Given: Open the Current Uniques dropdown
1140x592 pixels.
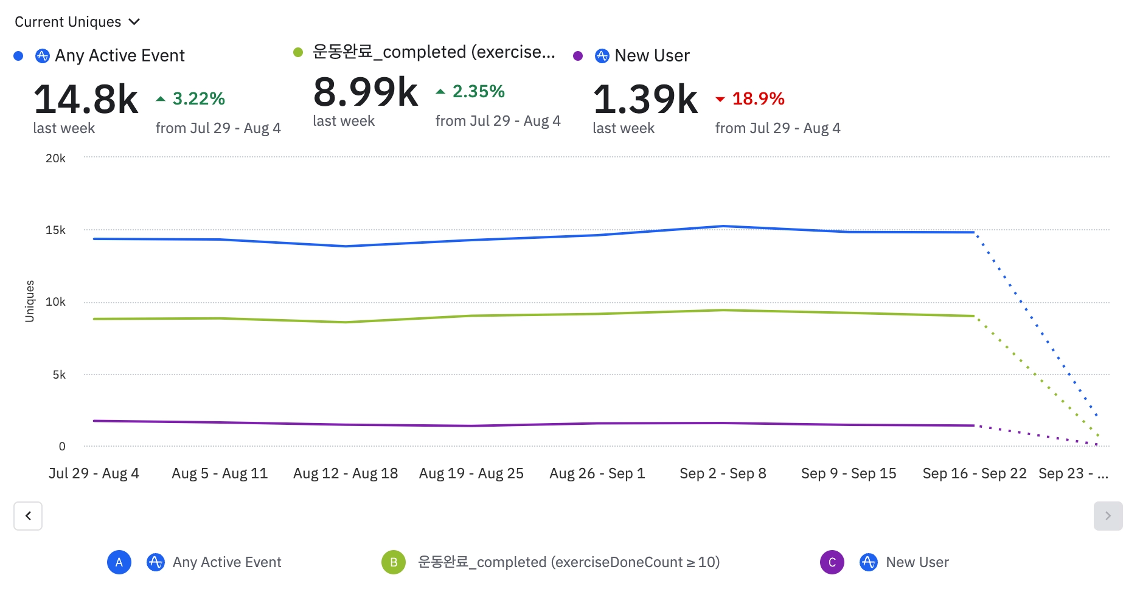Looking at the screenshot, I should [x=77, y=22].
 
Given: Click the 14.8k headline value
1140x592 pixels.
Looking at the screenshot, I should [x=86, y=99].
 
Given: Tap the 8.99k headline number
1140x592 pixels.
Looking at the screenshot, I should [x=366, y=92].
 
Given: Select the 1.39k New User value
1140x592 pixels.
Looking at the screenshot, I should [x=645, y=99].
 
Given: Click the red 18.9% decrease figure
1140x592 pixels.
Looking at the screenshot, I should [x=758, y=98].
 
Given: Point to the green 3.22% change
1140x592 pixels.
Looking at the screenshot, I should [x=198, y=98].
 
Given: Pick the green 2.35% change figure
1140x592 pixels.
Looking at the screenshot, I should [x=478, y=92].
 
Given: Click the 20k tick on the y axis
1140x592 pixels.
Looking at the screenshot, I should [x=55, y=158].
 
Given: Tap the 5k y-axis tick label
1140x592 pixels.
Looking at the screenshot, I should [x=59, y=374].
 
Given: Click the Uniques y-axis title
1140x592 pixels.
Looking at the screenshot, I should [x=29, y=301].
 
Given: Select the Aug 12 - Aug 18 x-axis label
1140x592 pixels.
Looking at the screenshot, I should [x=346, y=473].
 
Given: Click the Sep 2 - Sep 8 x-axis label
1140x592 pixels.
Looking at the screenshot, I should [x=723, y=473].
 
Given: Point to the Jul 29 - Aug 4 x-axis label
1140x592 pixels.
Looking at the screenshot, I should [x=94, y=473].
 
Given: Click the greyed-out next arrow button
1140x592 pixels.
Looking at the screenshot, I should [x=1108, y=516].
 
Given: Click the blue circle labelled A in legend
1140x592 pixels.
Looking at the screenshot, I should [x=119, y=562].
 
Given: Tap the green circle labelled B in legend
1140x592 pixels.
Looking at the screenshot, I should [x=394, y=562].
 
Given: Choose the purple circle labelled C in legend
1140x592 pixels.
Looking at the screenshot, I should [x=832, y=562].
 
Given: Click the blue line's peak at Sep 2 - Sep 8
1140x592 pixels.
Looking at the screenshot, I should [x=723, y=226].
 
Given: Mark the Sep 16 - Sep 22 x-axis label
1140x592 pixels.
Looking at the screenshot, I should [x=975, y=473].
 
